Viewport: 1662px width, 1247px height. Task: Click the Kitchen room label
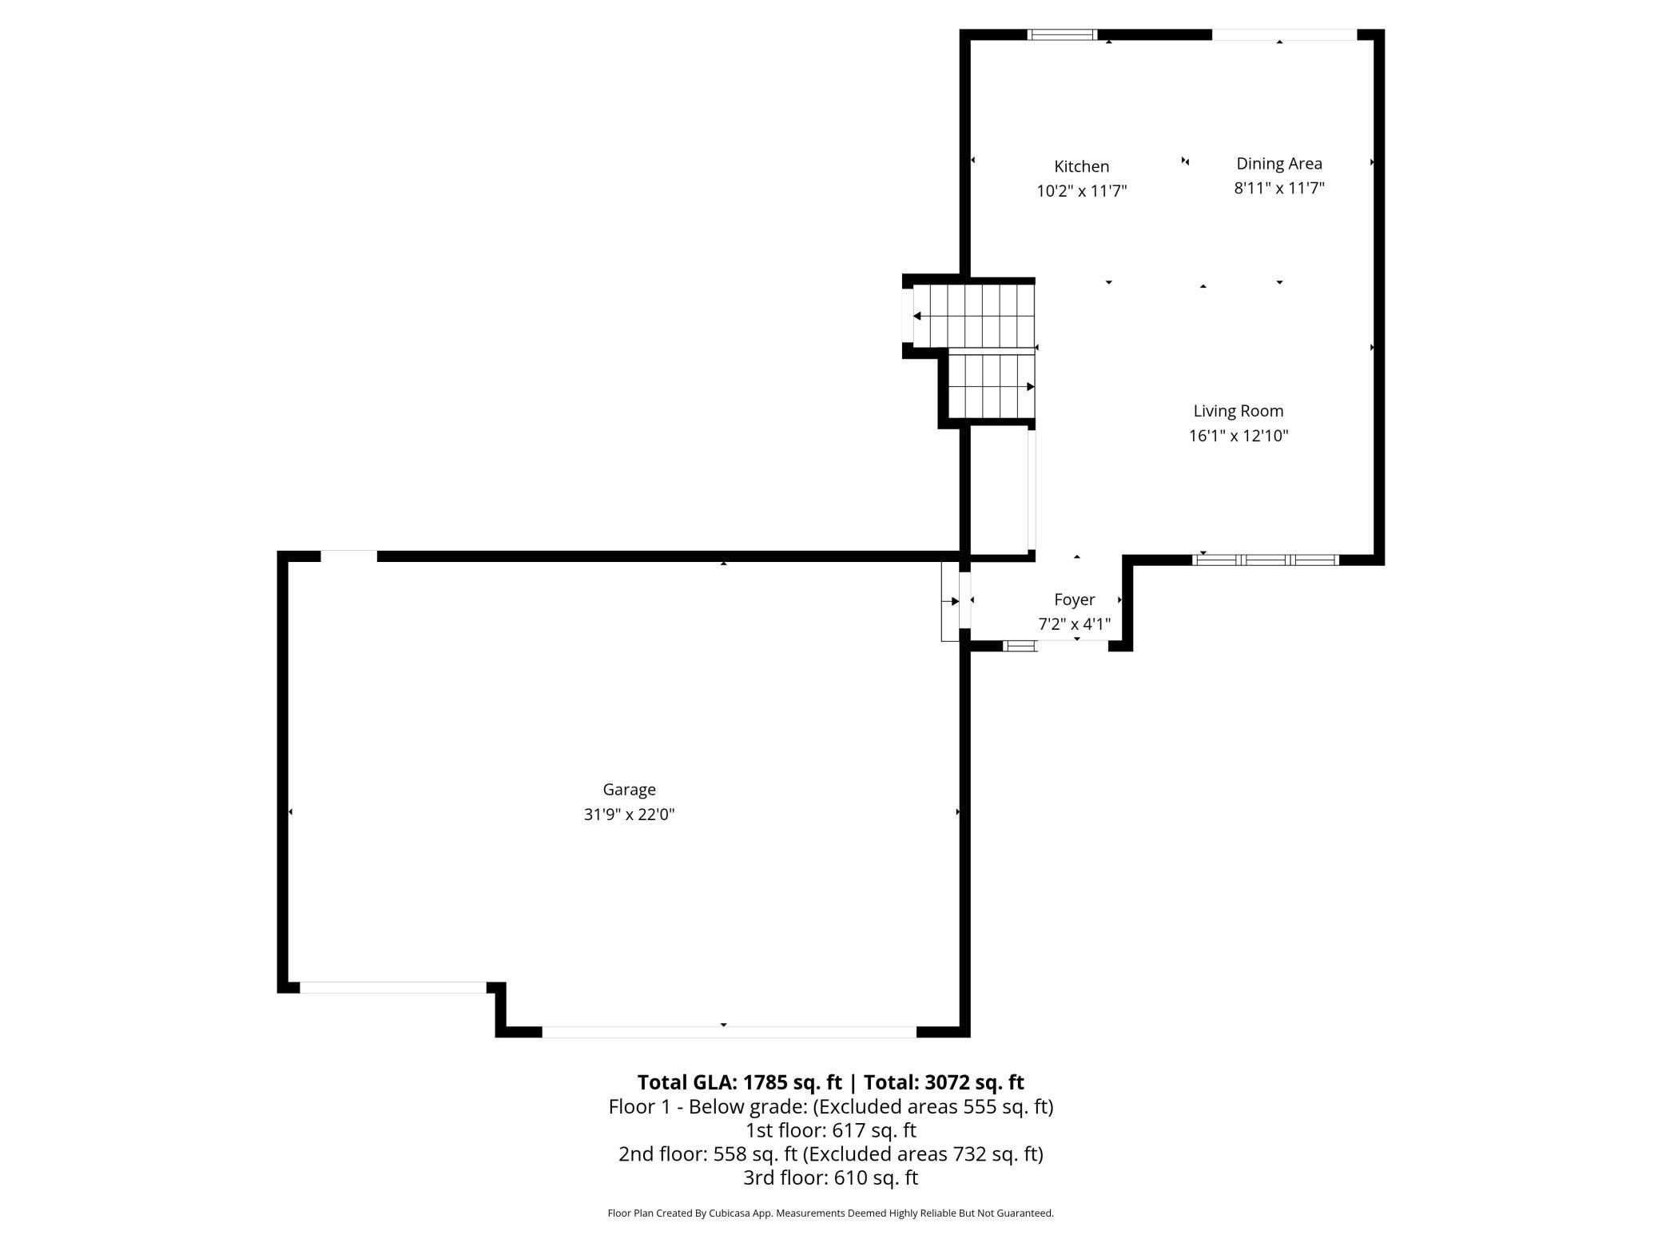pyautogui.click(x=1081, y=166)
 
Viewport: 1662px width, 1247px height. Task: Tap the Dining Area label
pyautogui.click(x=1278, y=164)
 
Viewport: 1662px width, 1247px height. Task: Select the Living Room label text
pyautogui.click(x=1238, y=411)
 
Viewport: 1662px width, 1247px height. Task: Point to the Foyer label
pyautogui.click(x=1074, y=600)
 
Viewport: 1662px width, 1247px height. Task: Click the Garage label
pyautogui.click(x=629, y=790)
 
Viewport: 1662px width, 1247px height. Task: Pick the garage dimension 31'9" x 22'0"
pyautogui.click(x=629, y=815)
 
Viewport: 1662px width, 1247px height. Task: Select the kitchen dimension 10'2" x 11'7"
pyautogui.click(x=1081, y=191)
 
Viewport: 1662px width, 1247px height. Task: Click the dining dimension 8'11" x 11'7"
pyautogui.click(x=1278, y=189)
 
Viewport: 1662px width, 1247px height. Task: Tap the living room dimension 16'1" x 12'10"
pyautogui.click(x=1238, y=436)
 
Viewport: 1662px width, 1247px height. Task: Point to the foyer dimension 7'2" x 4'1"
pyautogui.click(x=1074, y=624)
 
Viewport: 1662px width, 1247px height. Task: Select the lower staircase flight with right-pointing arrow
pyautogui.click(x=992, y=387)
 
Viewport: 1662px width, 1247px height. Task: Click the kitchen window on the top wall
pyautogui.click(x=1062, y=34)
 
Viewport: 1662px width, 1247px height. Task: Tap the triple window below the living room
pyautogui.click(x=1266, y=560)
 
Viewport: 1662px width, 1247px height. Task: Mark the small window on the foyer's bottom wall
pyautogui.click(x=1020, y=646)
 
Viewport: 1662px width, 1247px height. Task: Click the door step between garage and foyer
pyautogui.click(x=950, y=601)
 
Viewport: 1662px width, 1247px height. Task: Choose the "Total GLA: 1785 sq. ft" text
pyautogui.click(x=739, y=1082)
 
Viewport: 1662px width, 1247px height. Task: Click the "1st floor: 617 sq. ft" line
pyautogui.click(x=831, y=1131)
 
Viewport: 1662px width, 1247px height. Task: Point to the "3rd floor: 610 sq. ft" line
pyautogui.click(x=831, y=1178)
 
